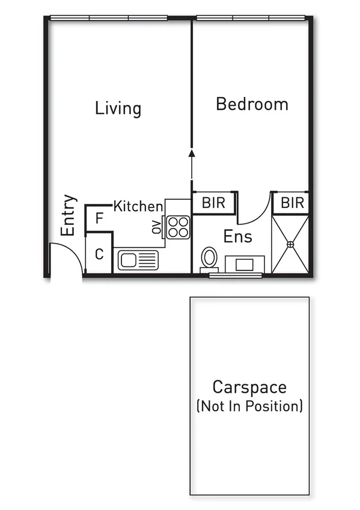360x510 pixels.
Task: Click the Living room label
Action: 118,109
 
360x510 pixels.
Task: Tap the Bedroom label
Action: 252,104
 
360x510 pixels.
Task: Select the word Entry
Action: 69,215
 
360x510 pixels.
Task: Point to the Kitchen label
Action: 138,206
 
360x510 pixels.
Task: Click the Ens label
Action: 238,236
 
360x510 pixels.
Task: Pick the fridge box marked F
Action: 100,218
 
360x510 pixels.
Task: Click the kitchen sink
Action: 138,260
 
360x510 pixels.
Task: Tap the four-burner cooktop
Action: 178,227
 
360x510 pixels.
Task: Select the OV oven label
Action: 157,227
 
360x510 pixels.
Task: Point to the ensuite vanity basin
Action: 245,264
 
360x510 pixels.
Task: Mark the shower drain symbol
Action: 290,244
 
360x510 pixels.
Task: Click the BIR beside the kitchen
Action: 213,203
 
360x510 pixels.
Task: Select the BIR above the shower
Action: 293,203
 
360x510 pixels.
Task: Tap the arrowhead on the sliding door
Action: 192,153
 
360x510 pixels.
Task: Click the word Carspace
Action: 249,387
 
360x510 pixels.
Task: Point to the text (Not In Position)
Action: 249,406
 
